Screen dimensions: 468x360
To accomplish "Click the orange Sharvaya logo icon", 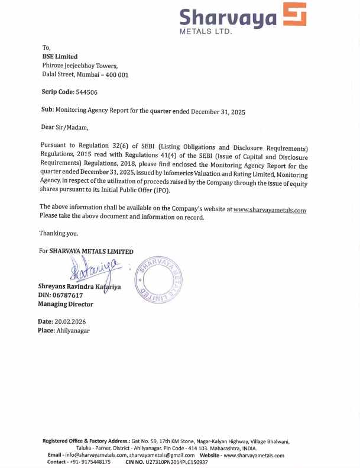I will click(x=294, y=15).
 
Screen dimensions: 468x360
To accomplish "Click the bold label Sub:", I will click(x=47, y=111).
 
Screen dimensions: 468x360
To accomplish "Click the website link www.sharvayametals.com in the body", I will click(x=270, y=209).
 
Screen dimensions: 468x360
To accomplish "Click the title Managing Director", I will click(x=66, y=304).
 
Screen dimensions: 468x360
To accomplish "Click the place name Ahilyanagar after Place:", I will click(x=73, y=331).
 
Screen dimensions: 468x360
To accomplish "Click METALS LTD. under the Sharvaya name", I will click(x=206, y=30).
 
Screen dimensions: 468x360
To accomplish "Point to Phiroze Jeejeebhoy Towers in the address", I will click(x=80, y=66).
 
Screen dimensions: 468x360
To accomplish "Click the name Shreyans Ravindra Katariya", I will click(x=79, y=286).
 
